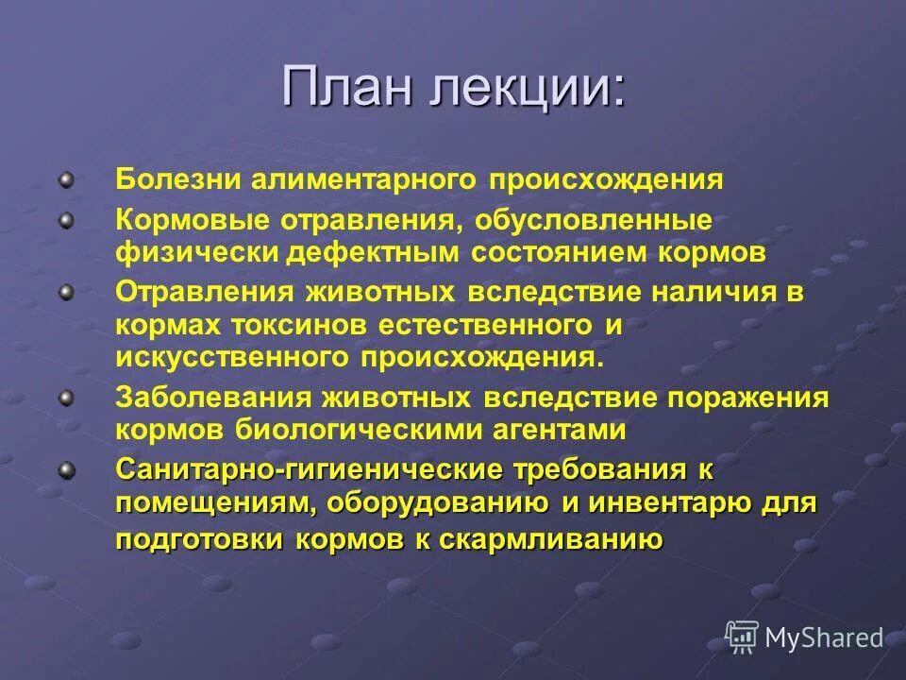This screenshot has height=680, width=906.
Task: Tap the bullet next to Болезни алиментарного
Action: coord(65,178)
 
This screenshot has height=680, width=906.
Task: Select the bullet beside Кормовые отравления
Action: coord(65,220)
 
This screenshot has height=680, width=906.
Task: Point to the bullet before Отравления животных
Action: coord(65,293)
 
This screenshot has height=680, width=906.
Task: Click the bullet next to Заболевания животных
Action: coord(65,398)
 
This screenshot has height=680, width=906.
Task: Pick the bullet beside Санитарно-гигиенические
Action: coord(65,470)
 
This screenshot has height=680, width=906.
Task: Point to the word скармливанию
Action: coord(556,540)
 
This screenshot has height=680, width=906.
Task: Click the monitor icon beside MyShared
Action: coord(742,637)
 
